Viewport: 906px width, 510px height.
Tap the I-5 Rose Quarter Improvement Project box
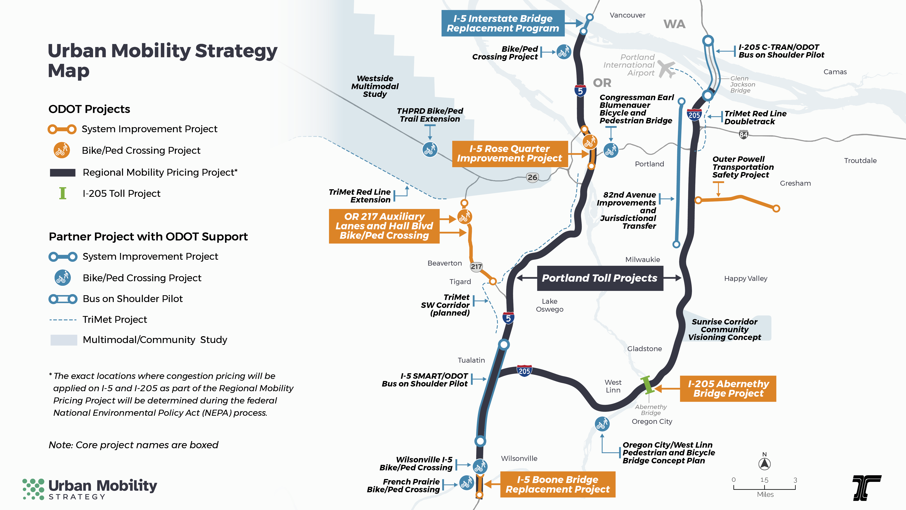click(x=510, y=154)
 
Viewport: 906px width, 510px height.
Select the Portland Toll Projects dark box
click(x=600, y=278)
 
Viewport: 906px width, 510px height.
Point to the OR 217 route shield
click(x=476, y=267)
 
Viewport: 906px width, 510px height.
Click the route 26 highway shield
click(x=532, y=177)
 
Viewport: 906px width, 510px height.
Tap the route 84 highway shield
click(x=743, y=134)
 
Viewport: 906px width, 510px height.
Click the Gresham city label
click(x=795, y=183)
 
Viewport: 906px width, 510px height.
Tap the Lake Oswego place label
click(x=549, y=305)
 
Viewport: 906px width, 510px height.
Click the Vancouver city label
click(x=627, y=15)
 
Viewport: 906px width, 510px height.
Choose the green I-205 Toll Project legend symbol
click(x=63, y=193)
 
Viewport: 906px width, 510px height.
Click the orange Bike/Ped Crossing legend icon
click(x=62, y=150)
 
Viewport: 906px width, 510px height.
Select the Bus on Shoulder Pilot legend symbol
click(x=63, y=299)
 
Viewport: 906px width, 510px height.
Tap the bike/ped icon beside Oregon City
click(x=602, y=424)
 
